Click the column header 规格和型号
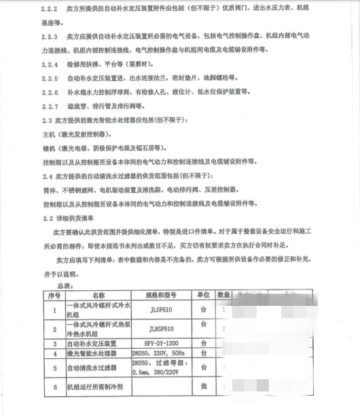click(161, 296)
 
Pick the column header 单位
click(203, 296)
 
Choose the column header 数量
click(223, 296)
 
